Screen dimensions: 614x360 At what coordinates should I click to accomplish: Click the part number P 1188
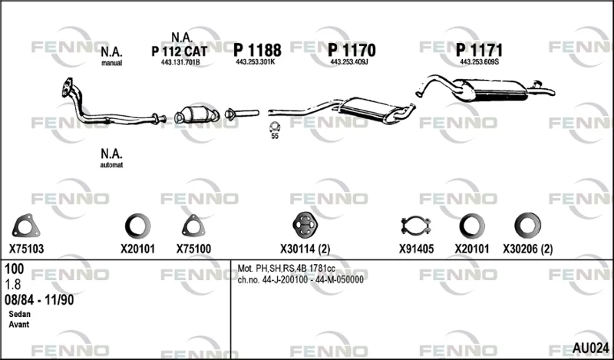257,50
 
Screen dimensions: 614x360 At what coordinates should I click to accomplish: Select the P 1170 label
352,50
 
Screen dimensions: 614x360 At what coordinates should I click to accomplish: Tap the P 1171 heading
479,50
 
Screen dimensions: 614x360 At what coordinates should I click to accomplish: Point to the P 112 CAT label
180,51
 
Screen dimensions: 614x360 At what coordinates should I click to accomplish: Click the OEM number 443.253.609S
479,62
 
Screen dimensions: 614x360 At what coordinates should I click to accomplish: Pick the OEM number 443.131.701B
180,62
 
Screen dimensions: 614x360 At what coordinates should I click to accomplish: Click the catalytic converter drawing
196,114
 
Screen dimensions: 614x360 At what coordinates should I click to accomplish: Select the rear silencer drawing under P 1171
486,89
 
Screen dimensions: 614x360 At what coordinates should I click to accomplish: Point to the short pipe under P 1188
242,114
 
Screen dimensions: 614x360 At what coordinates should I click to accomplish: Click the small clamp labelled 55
275,127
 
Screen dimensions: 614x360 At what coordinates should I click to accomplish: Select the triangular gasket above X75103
26,226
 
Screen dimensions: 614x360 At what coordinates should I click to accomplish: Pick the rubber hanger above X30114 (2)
305,225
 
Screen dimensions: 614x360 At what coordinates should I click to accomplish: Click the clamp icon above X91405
416,226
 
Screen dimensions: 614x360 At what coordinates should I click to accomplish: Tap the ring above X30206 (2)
528,225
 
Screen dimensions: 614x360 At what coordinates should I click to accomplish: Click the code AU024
590,348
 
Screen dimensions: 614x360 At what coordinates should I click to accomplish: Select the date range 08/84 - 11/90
39,300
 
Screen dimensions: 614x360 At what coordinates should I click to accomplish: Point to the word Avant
18,325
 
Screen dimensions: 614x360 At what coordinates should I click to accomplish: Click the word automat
111,165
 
